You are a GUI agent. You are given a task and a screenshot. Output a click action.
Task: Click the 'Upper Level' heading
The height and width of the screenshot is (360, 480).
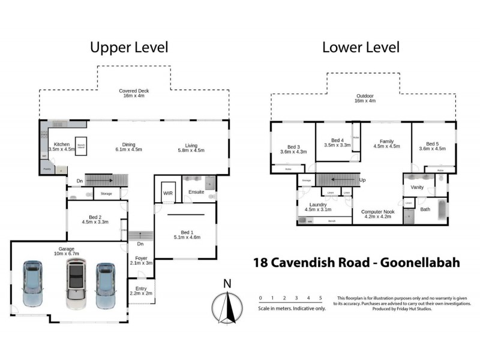click(129, 47)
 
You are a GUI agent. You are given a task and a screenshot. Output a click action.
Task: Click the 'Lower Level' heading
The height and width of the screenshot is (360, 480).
click(361, 47)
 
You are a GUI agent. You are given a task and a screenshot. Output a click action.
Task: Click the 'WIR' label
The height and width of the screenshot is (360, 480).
click(168, 193)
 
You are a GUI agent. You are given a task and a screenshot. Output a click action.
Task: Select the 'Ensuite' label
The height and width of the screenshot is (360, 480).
click(196, 193)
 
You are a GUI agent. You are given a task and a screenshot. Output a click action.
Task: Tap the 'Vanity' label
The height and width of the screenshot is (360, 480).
click(418, 188)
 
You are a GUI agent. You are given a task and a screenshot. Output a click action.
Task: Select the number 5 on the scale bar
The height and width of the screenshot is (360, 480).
click(320, 298)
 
